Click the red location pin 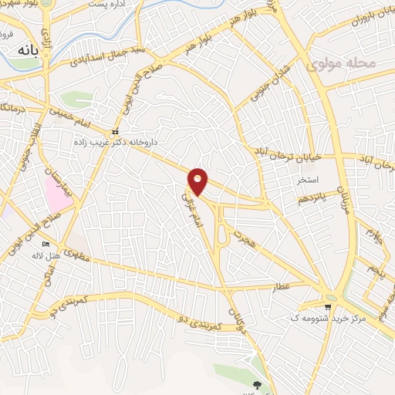tap(198, 181)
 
